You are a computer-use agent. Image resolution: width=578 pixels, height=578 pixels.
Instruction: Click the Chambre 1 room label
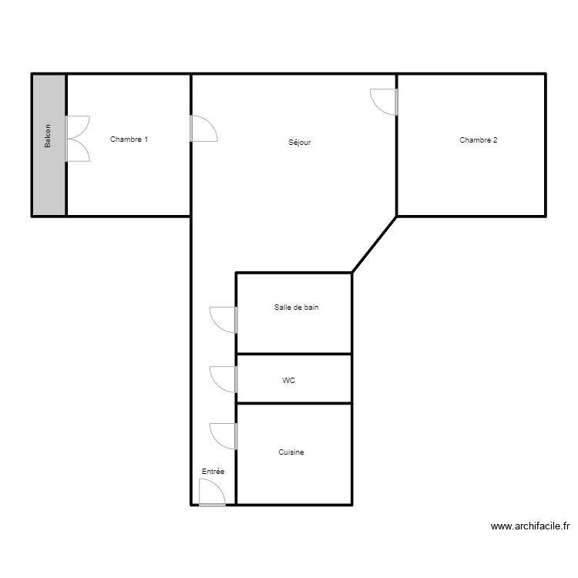point(129,139)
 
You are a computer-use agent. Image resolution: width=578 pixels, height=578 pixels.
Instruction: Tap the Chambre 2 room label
point(478,139)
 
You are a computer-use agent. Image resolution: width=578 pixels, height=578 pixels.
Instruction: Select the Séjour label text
point(299,143)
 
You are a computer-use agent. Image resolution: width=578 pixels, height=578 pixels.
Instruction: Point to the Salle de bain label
point(296,307)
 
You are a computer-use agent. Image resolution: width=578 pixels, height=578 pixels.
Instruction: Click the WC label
point(288,380)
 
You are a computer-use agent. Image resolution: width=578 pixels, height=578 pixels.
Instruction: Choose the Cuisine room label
point(291,452)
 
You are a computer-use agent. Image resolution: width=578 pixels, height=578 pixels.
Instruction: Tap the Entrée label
point(213,471)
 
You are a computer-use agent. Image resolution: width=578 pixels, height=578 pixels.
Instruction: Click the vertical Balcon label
point(48,137)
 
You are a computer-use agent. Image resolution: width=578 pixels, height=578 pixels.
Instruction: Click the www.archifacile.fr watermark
point(530,527)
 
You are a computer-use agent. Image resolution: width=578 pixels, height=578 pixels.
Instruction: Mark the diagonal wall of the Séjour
point(375,244)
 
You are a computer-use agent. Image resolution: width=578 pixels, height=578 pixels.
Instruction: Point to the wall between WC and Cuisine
point(294,402)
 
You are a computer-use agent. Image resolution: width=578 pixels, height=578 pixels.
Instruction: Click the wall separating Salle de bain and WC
point(294,354)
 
